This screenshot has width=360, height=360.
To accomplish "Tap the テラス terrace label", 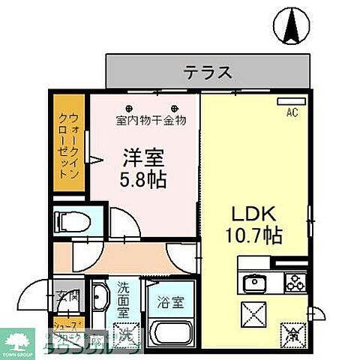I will pos(207,73).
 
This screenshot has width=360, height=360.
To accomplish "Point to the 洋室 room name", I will pos(142,157).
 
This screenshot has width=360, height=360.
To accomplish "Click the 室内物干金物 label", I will pos(151,119).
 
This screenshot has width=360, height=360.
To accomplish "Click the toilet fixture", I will pos(72,220).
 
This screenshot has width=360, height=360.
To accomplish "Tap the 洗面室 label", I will pos(124,296).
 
